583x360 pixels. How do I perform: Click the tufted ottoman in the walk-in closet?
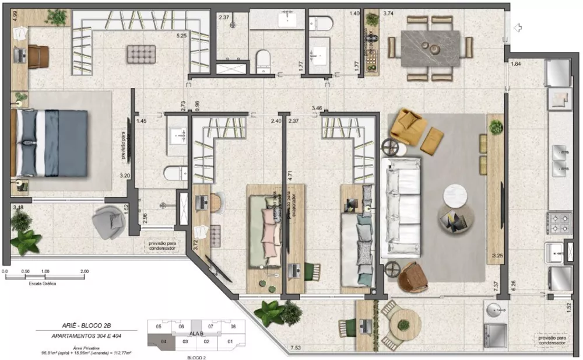pyautogui.click(x=142, y=54)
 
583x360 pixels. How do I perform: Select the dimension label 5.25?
pyautogui.click(x=182, y=36)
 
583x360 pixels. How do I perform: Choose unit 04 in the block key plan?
pyautogui.click(x=164, y=341)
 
